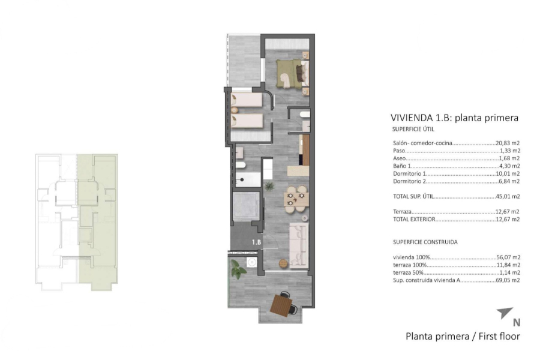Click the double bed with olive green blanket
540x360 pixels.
click(292, 73)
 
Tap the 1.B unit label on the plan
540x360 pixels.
click(256, 242)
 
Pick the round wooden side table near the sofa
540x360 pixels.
click(281, 262)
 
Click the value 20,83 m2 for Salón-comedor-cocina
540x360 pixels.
click(508, 143)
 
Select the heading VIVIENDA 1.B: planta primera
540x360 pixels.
click(454, 118)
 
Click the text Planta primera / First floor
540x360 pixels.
click(463, 336)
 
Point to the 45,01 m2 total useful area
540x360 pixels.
click(508, 196)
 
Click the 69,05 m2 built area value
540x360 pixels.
click(508, 280)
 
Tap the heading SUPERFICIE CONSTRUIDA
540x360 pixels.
click(425, 242)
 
